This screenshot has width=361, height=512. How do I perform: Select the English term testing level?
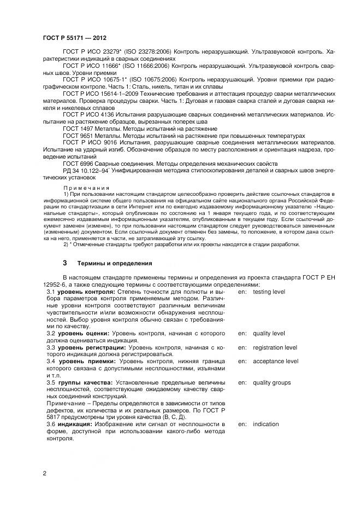(269, 292)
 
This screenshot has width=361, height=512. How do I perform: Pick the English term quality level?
(269, 333)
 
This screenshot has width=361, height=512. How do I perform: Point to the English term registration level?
(275, 347)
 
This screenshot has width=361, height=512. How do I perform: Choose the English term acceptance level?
(275, 362)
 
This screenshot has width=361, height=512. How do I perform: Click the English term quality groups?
(271, 382)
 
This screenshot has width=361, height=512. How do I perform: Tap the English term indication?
(265, 424)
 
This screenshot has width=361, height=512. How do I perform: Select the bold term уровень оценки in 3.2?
(80, 333)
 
